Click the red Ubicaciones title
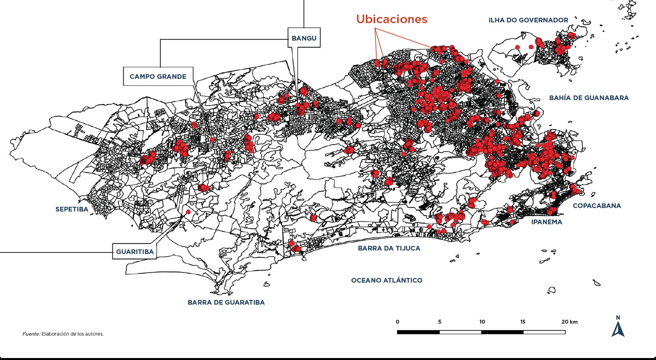(x=391, y=19)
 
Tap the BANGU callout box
(x=304, y=38)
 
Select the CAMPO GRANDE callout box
(x=158, y=77)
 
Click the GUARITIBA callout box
(x=135, y=252)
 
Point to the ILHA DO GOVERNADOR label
(x=528, y=20)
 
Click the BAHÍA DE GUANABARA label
(x=588, y=98)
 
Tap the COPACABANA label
(x=597, y=206)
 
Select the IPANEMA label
(x=546, y=222)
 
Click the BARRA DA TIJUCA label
(x=389, y=248)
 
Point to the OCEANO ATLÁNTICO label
(x=386, y=280)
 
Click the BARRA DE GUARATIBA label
(x=226, y=302)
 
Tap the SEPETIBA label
(x=72, y=209)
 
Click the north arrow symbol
(x=618, y=330)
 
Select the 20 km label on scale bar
(x=569, y=322)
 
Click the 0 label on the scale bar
(x=397, y=322)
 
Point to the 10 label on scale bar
(x=482, y=322)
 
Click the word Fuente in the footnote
(x=31, y=334)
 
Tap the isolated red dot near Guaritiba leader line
(x=188, y=212)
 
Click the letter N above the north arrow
(x=618, y=318)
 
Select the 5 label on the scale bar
(x=440, y=322)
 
